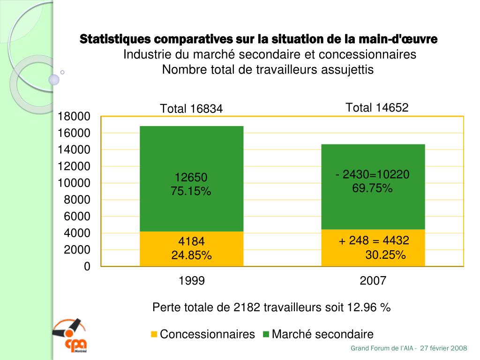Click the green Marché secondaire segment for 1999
191,155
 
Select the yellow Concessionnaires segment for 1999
191,249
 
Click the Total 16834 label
191,109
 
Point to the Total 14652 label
377,108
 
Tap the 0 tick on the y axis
87,267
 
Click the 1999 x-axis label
192,281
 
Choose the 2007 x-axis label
373,281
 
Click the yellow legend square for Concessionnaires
154,334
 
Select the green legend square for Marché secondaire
266,334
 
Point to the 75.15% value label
191,191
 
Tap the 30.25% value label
385,255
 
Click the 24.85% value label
191,255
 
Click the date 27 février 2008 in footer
443,348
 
